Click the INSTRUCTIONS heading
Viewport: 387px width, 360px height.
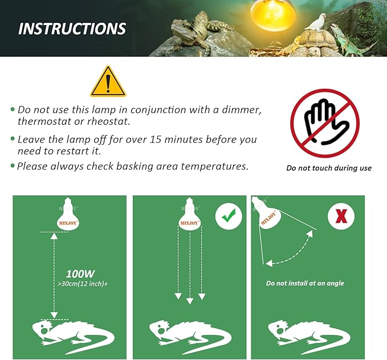(72, 28)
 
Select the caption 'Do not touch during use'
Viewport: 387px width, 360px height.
(329, 168)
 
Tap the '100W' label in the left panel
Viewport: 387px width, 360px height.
(80, 273)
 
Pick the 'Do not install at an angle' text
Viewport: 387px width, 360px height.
(305, 283)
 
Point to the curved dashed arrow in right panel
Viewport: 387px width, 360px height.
(291, 256)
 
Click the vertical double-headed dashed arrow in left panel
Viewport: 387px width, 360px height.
(54, 274)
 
